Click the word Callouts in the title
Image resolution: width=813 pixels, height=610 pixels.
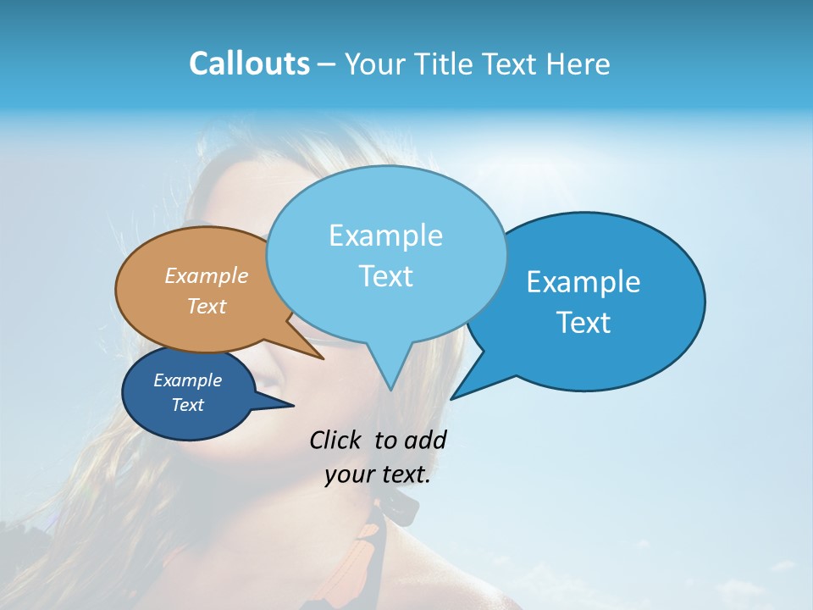click(249, 64)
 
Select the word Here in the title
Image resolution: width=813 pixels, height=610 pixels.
click(577, 64)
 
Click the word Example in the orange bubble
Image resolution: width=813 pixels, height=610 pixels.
click(207, 276)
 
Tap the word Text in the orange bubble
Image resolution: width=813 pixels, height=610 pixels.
click(207, 306)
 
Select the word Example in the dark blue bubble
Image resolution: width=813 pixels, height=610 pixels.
click(187, 380)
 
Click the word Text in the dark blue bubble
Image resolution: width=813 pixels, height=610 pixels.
click(187, 405)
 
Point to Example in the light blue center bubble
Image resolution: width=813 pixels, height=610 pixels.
click(385, 236)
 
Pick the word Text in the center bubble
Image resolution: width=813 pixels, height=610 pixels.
click(385, 276)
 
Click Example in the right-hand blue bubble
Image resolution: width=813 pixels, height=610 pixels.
click(583, 282)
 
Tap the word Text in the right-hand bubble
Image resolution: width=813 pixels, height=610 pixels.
click(583, 323)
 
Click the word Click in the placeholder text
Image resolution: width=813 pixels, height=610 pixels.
click(337, 440)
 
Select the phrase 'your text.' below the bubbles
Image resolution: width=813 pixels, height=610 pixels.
click(378, 474)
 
